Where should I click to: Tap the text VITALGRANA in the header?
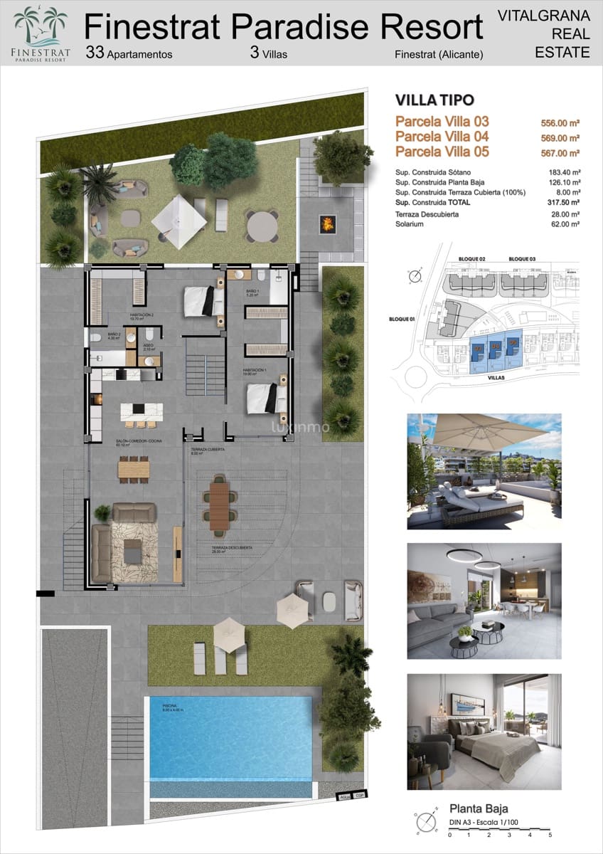543,14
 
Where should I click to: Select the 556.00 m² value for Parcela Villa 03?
560,122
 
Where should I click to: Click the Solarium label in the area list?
410,224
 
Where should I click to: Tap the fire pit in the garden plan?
328,225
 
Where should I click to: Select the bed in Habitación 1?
266,399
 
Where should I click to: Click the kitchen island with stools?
141,412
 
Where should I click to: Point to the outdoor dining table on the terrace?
219,505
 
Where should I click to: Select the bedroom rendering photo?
484,731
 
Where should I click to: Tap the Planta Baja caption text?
479,808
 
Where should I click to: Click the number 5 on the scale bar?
550,834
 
